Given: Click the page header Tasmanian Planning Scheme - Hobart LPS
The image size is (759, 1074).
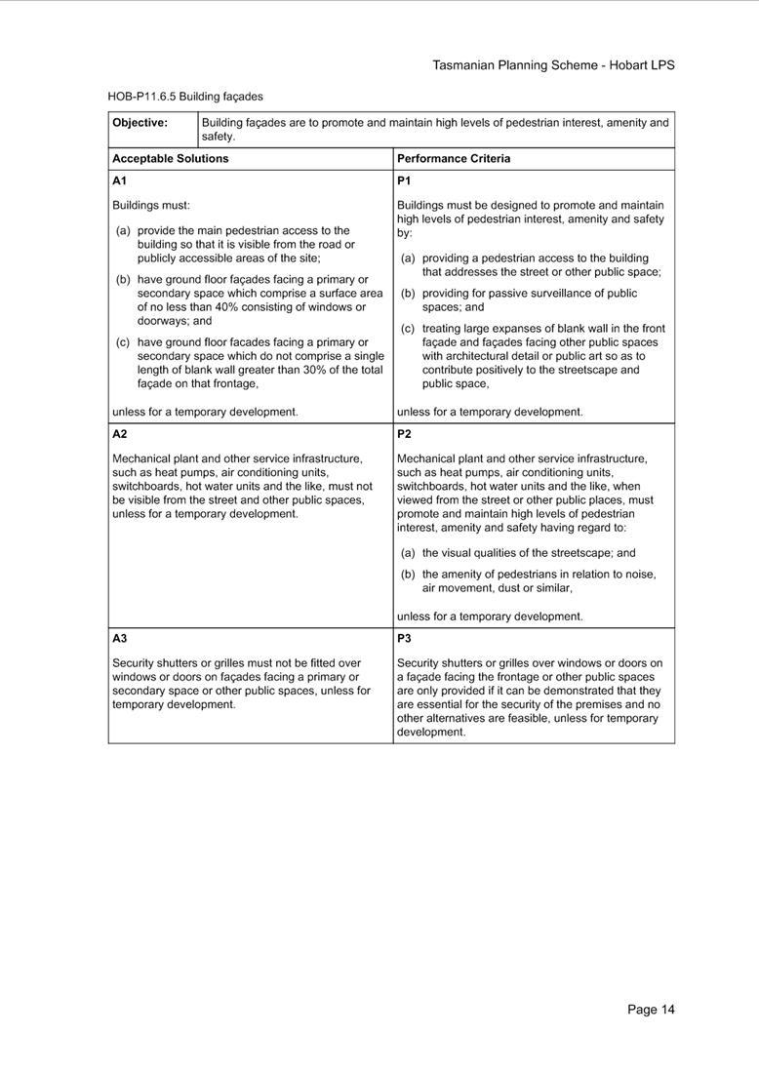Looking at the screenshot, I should click(x=553, y=65).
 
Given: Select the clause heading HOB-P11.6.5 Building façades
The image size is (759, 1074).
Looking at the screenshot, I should click(x=185, y=97).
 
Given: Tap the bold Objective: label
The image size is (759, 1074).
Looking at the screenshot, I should click(x=140, y=123).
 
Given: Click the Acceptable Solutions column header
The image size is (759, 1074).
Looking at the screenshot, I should click(x=171, y=158).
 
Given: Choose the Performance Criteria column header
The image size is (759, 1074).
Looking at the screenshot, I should click(x=454, y=158).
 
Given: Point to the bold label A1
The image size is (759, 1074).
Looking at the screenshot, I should click(x=119, y=180).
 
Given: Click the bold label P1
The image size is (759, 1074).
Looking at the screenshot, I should click(x=404, y=180).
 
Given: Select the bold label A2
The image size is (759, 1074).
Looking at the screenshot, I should click(x=119, y=434).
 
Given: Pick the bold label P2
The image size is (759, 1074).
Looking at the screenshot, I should click(x=404, y=434).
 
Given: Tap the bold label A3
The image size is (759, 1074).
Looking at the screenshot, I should click(x=119, y=639).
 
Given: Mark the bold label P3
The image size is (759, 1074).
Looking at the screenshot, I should click(x=404, y=639).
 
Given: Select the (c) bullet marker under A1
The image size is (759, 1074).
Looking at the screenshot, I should click(x=123, y=342).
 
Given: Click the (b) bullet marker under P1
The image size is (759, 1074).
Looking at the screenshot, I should click(x=408, y=294).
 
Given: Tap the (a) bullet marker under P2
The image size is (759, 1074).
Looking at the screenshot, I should click(x=408, y=553).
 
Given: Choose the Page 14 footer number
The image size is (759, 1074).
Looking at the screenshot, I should click(x=651, y=1010).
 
